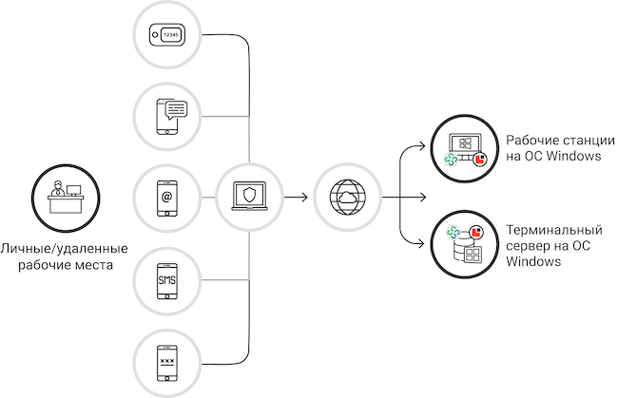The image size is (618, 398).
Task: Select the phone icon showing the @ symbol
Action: (x=167, y=199)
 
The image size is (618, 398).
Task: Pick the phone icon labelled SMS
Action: (x=167, y=280)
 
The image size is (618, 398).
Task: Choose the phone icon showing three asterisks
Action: (x=167, y=362)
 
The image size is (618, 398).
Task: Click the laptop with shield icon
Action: (x=249, y=199)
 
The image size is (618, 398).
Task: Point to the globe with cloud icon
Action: (x=345, y=199)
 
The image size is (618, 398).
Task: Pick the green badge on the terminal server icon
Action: (x=453, y=230)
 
